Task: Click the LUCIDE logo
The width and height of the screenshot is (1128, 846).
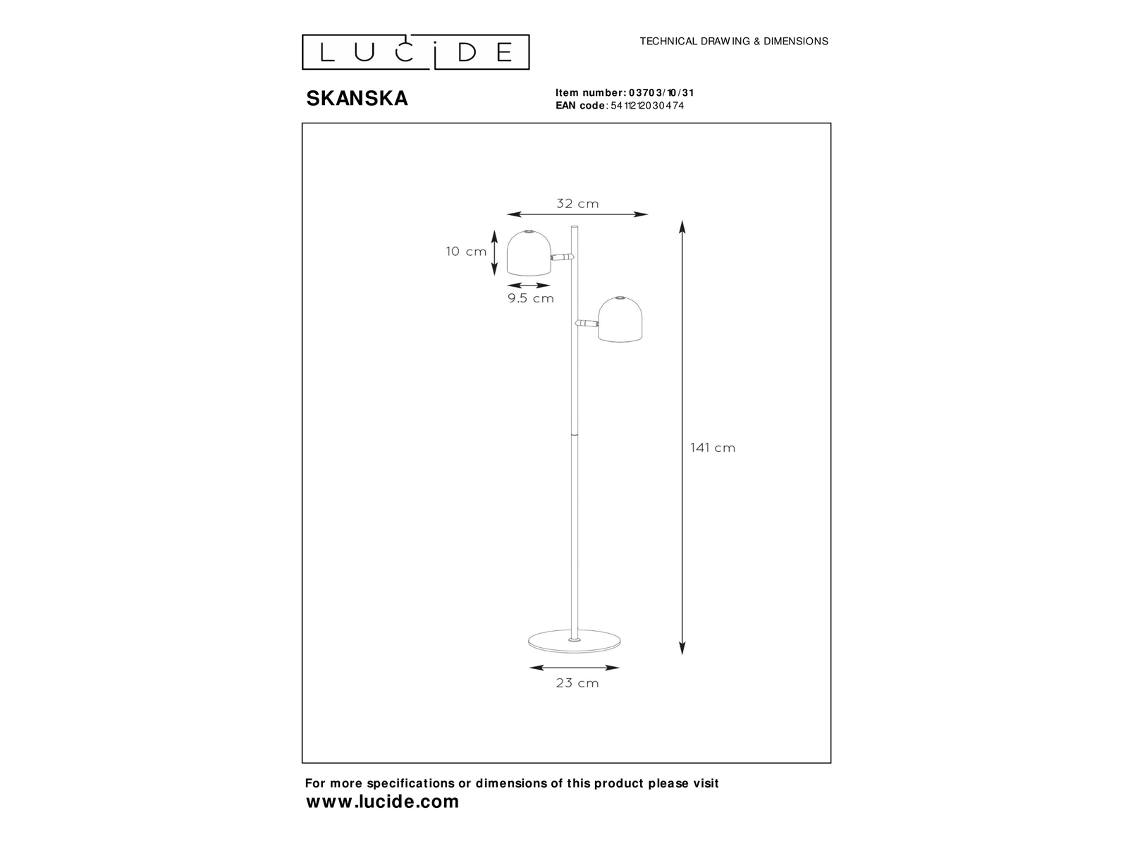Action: pyautogui.click(x=415, y=52)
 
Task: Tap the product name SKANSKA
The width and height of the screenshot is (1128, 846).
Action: pyautogui.click(x=357, y=98)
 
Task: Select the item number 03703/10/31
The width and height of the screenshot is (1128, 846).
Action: pyautogui.click(x=661, y=92)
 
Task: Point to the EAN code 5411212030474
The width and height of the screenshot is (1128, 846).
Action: pyautogui.click(x=647, y=105)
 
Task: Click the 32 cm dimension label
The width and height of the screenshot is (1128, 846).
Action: pyautogui.click(x=577, y=204)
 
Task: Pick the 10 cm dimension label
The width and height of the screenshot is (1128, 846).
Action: pyautogui.click(x=466, y=251)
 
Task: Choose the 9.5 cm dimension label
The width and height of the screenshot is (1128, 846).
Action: pyautogui.click(x=531, y=298)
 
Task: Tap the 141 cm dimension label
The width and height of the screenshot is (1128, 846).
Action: pyautogui.click(x=713, y=448)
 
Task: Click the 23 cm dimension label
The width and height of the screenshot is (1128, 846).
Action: pyautogui.click(x=577, y=682)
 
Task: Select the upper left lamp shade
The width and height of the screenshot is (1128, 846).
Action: pyautogui.click(x=529, y=252)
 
